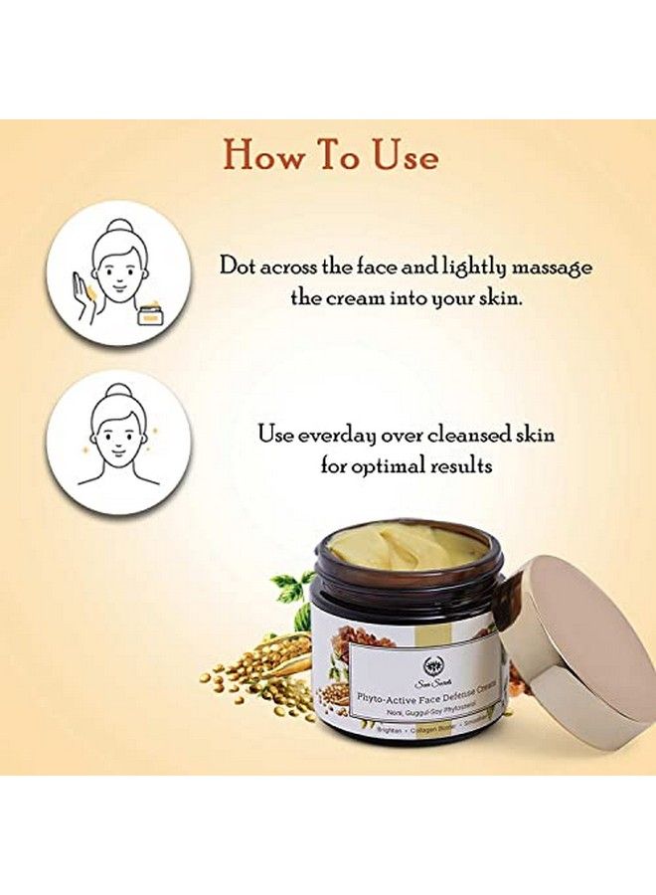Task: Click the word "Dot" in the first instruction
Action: click(240, 267)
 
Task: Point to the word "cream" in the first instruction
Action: click(354, 297)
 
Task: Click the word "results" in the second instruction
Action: click(463, 464)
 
